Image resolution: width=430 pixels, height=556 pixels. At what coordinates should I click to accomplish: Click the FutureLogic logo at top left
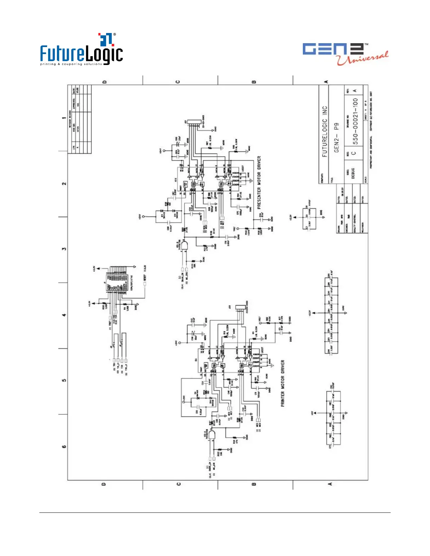tap(81, 50)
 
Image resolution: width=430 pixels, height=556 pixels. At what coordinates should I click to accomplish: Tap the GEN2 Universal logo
tap(345, 53)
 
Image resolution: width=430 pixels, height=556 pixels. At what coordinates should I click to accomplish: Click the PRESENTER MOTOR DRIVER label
tap(259, 182)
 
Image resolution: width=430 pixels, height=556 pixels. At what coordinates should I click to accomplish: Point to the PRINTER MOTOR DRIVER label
tap(283, 383)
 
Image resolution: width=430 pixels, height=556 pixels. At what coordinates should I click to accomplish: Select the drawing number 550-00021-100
tap(355, 121)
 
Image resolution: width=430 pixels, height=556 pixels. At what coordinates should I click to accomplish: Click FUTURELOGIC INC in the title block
tap(325, 131)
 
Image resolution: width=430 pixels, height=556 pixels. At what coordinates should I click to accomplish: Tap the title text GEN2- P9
tap(336, 137)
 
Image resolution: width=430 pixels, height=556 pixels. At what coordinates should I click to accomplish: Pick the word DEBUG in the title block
tap(353, 173)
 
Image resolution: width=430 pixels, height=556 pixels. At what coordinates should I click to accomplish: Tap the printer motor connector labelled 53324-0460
tap(242, 308)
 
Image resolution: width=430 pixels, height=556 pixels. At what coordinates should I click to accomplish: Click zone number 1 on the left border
tap(64, 118)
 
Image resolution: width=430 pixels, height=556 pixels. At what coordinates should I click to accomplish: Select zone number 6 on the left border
tap(64, 446)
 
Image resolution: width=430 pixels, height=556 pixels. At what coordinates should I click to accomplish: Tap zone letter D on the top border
tap(104, 82)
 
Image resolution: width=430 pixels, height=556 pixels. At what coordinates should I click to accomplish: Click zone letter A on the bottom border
tap(330, 484)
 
